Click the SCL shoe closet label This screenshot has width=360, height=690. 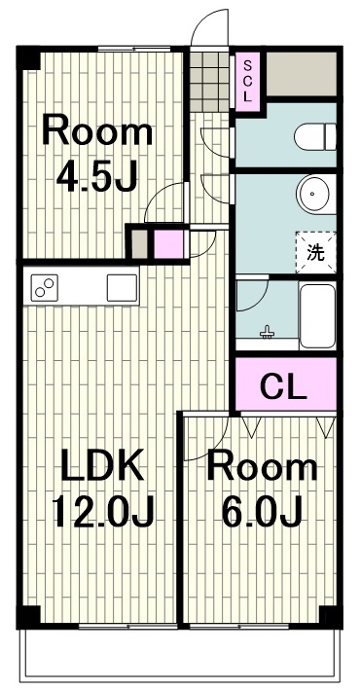[247, 82]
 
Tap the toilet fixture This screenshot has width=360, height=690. [315, 136]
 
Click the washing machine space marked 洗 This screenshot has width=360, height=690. [315, 253]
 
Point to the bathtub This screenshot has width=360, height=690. [317, 317]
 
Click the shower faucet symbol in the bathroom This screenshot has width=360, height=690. [268, 333]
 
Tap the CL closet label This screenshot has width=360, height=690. [282, 386]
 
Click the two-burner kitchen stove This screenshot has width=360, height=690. [44, 287]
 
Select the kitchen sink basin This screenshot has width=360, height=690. [122, 288]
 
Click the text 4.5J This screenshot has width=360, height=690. [97, 176]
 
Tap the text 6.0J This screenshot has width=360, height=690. [262, 511]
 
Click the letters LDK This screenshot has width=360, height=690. [102, 464]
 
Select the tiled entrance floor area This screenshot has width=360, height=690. [209, 82]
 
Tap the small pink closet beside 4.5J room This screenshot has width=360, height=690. [168, 244]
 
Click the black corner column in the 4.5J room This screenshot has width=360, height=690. [28, 58]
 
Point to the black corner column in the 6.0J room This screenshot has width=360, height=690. [331, 617]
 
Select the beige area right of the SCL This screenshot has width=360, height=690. [302, 74]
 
